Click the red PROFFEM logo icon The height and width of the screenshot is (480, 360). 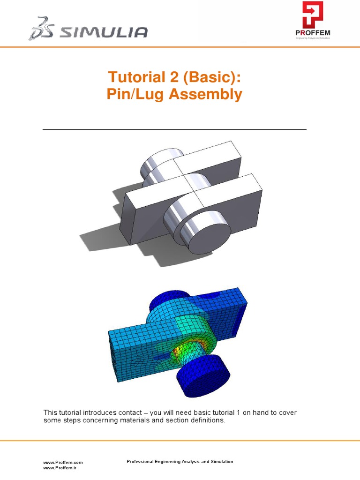[x=313, y=15]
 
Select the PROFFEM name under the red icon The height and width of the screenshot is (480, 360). [x=313, y=33]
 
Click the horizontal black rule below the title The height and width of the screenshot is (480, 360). [x=174, y=129]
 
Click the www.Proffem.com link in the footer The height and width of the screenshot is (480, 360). [x=63, y=462]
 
